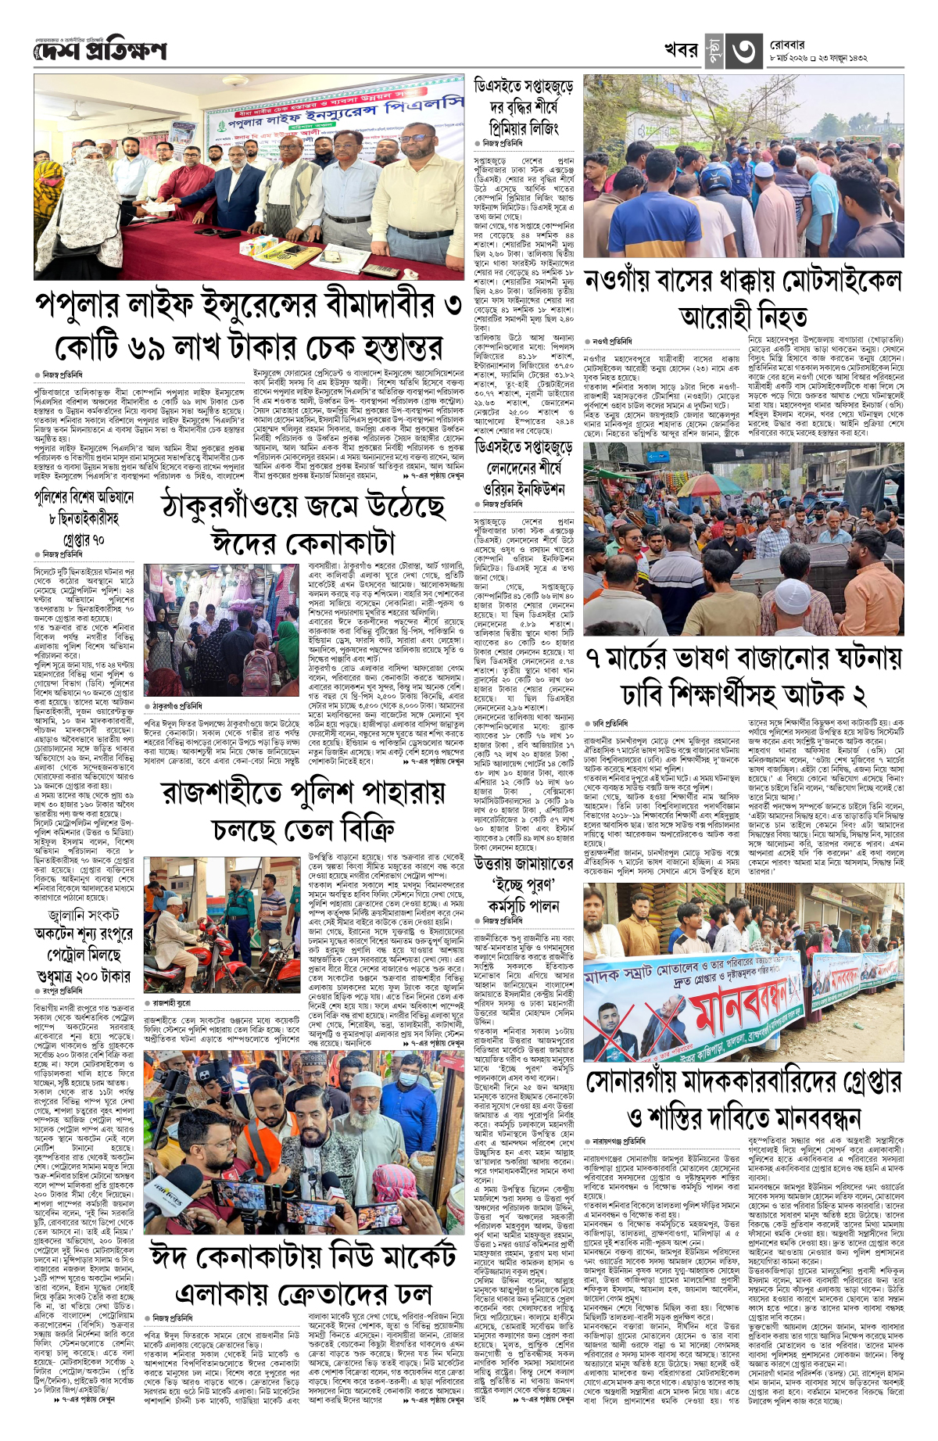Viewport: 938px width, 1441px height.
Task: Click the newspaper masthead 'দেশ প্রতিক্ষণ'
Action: point(100,51)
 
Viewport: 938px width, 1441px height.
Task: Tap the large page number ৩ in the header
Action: point(743,51)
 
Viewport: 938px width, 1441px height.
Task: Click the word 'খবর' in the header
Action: point(680,50)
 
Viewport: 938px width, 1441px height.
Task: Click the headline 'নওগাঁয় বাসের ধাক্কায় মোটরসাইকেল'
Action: point(743,281)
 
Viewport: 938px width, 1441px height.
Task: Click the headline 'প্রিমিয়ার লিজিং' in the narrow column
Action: point(524,127)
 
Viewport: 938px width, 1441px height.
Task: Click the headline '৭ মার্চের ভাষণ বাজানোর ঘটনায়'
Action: point(743,658)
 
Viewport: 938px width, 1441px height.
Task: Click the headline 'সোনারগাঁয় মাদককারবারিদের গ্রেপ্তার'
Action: point(743,1082)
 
